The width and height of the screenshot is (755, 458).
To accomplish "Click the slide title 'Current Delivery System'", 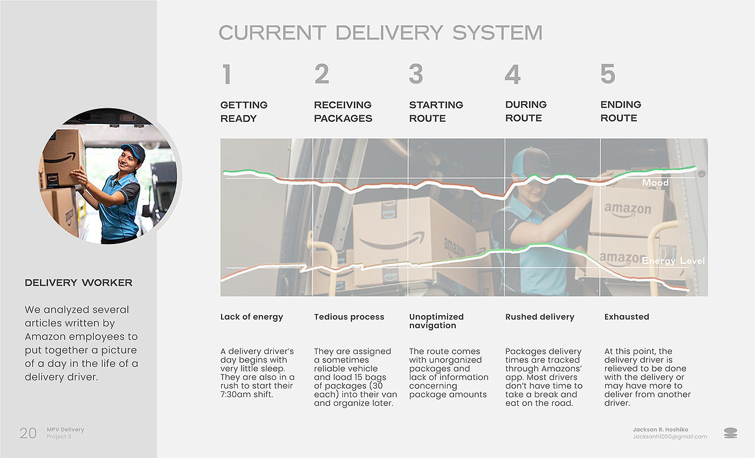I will [380, 33].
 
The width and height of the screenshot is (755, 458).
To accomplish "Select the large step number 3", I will [416, 74].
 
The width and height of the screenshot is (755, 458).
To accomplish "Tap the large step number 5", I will [607, 74].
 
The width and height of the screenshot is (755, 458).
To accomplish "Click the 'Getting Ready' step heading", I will [244, 112].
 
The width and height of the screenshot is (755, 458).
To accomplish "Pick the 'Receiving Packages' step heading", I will [343, 112].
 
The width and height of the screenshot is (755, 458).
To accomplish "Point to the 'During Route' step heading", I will [526, 111].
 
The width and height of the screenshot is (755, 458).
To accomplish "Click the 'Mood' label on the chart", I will [655, 183].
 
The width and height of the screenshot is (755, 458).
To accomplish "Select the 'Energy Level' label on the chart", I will [673, 261].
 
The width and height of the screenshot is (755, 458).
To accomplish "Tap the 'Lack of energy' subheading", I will [251, 317].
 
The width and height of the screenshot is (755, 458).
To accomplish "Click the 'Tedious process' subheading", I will [349, 317].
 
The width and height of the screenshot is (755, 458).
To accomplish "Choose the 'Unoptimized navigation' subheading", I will [436, 321].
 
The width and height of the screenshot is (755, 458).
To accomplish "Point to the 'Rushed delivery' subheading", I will [539, 317].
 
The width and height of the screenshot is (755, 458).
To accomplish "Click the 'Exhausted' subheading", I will [626, 317].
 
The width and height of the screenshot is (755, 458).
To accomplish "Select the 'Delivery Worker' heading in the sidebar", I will [78, 283].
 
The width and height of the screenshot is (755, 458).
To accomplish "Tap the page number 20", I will [28, 433].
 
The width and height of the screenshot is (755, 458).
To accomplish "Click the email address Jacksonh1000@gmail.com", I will [669, 436].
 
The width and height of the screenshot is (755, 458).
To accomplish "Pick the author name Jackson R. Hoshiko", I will [660, 429].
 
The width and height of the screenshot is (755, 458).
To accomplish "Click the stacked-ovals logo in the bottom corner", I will [730, 433].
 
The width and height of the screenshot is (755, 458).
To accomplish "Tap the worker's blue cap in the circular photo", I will [133, 150].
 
